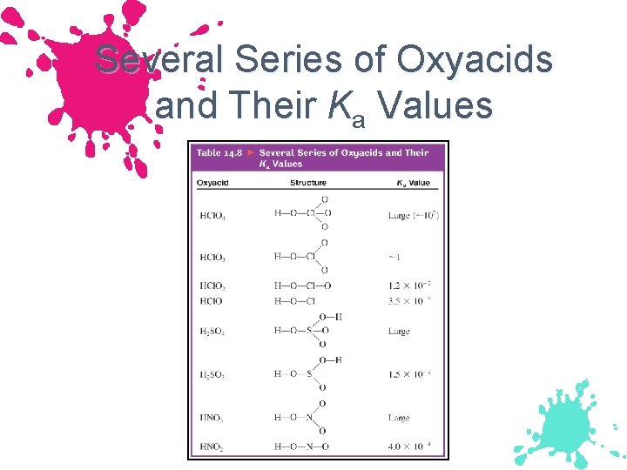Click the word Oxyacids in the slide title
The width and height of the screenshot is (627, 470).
[x=475, y=60]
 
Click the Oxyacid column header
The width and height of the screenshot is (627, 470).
[x=212, y=183]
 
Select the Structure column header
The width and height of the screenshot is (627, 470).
[x=307, y=183]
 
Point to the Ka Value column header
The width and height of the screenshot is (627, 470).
[x=414, y=183]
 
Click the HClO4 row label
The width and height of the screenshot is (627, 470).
[x=212, y=216]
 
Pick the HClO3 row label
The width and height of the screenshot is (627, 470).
[x=212, y=257]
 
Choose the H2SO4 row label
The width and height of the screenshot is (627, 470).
[x=212, y=332]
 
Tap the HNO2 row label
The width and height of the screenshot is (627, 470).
[x=212, y=447]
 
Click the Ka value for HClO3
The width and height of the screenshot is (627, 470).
[x=395, y=257]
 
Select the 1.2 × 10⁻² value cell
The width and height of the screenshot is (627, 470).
[x=410, y=285]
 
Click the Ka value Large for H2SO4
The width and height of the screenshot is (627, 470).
[x=399, y=332]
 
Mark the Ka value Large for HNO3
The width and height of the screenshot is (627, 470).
[x=399, y=419]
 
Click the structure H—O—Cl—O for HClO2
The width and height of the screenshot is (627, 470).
[x=302, y=285]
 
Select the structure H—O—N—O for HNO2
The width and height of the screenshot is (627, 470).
[x=302, y=447]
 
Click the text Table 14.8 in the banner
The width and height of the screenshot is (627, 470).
[x=219, y=152]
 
